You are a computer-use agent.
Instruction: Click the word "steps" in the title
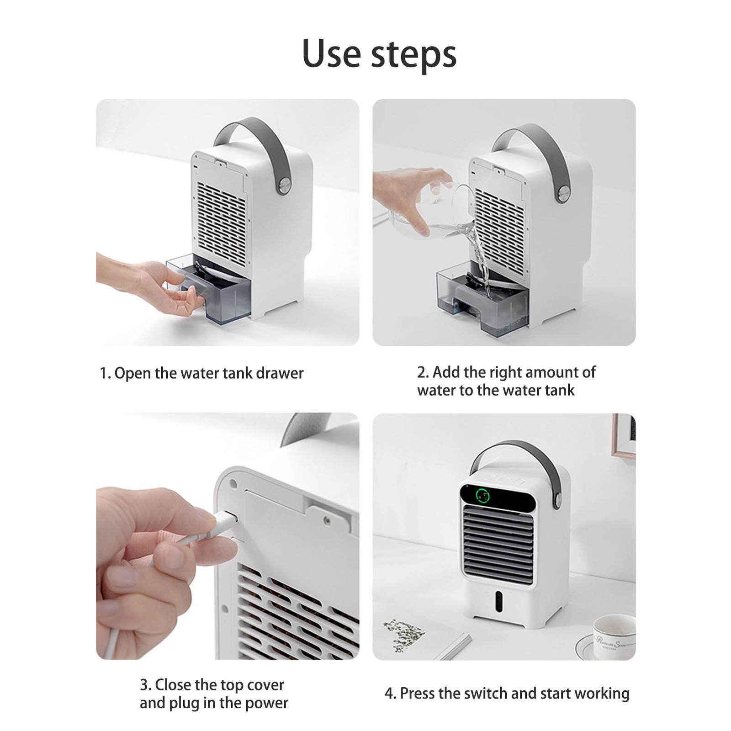point(413,55)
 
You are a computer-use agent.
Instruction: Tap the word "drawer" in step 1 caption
point(280,373)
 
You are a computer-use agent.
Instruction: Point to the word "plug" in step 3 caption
point(185,703)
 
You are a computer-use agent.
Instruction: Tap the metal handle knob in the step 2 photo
point(563,194)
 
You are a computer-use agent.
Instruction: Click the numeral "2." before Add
point(423,372)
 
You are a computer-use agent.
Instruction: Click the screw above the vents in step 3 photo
point(326,519)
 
